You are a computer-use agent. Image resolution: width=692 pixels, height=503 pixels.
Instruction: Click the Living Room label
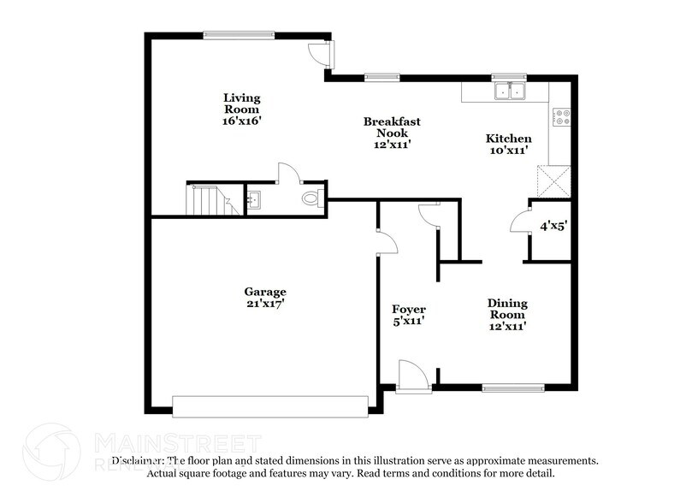242,109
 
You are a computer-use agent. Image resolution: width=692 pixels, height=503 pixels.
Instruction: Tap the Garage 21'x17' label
264,297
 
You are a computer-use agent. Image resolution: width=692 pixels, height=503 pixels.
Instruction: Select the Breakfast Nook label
392,133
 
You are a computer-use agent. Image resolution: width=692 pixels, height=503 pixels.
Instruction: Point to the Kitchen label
508,144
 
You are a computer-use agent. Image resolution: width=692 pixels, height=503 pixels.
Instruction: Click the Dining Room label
507,314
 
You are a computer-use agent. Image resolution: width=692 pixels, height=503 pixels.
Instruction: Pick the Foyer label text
409,315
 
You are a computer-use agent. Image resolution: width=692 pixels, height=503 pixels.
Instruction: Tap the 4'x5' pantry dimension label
552,228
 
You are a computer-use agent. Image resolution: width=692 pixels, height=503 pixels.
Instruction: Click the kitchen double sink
510,91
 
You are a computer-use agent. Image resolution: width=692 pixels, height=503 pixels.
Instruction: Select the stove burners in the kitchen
561,116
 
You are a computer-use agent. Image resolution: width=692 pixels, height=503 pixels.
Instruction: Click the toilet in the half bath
312,199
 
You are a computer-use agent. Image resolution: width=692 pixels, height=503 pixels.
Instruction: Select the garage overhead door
269,406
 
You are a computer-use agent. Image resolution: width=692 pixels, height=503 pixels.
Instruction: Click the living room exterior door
321,54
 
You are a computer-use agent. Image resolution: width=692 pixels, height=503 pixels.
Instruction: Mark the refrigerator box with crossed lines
551,182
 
